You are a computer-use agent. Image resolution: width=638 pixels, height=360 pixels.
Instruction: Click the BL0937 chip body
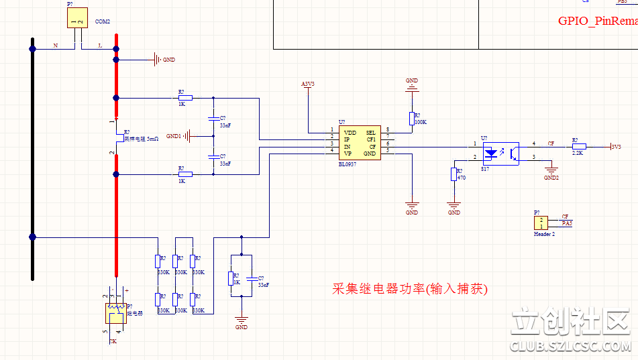point(359,142)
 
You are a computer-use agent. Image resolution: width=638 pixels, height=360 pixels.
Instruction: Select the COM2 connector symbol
point(78,18)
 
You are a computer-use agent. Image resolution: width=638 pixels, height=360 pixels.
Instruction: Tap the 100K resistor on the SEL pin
point(412,119)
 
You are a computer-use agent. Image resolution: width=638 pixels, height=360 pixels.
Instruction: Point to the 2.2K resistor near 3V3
point(578,145)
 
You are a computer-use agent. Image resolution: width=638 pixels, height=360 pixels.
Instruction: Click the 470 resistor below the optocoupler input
point(454,174)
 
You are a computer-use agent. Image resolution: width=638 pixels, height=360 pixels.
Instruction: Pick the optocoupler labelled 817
point(501,153)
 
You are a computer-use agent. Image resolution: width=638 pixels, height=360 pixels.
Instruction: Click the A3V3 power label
point(308,84)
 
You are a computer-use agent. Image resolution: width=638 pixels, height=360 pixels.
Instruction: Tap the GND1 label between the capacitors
point(173,136)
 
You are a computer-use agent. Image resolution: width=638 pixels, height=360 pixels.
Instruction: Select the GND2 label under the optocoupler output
point(551,178)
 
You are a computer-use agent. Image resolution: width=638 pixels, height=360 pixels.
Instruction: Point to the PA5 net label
point(567,223)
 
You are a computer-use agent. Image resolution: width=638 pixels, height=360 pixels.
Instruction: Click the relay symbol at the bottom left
point(115,314)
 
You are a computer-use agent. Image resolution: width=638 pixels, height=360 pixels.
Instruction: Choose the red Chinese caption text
point(410,289)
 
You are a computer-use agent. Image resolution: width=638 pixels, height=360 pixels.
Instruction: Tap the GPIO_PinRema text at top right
point(597,21)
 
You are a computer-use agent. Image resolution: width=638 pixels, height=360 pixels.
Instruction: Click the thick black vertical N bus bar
point(32,161)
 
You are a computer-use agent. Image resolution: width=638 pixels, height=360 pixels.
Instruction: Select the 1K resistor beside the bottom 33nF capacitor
point(232,278)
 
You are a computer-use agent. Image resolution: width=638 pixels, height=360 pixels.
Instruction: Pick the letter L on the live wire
point(101,46)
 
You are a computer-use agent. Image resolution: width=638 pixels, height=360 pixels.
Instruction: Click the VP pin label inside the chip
point(347,154)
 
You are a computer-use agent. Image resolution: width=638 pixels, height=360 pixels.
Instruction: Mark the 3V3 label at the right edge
point(616,146)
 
